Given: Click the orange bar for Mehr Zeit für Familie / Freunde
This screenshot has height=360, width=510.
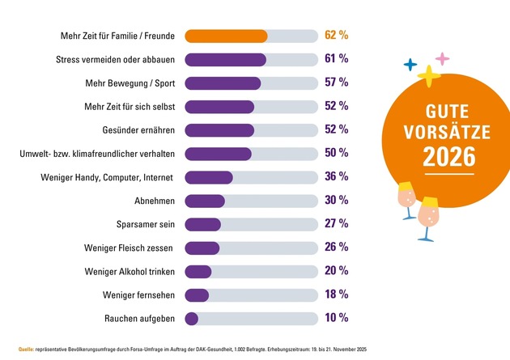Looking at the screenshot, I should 226,36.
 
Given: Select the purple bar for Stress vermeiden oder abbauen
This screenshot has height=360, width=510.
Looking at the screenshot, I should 225,59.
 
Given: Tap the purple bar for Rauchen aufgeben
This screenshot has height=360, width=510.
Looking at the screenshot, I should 192,319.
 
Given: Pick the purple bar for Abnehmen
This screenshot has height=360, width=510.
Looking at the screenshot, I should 205,201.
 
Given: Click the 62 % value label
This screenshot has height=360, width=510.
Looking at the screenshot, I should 337,36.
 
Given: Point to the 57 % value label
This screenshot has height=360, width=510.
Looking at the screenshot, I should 337,83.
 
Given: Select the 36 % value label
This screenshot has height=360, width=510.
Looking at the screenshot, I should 337,176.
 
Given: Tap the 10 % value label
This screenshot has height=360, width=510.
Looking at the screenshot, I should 337,318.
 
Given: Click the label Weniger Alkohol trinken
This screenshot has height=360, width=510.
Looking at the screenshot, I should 131,271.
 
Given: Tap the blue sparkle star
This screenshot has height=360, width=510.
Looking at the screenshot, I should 410,64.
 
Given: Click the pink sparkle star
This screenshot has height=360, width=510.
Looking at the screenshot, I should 441,59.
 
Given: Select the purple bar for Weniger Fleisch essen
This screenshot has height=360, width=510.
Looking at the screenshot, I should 202,248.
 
